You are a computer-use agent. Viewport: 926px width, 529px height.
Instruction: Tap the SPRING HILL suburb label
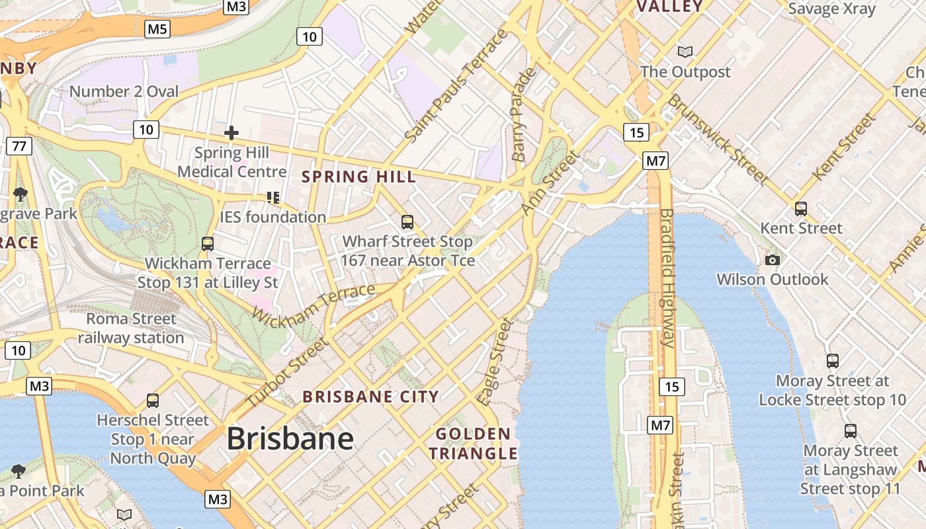(359, 177)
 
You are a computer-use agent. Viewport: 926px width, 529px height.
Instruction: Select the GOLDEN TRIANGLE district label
(473, 444)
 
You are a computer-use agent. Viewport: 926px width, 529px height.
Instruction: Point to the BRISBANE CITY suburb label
(370, 397)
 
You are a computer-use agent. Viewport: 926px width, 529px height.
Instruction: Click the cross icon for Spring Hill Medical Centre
(232, 133)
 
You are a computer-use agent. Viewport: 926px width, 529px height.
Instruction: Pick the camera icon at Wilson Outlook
(772, 260)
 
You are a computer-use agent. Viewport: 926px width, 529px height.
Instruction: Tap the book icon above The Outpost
(685, 52)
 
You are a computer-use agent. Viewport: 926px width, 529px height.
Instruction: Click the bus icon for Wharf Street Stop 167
(407, 222)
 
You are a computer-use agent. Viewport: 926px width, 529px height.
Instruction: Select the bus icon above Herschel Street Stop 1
(153, 400)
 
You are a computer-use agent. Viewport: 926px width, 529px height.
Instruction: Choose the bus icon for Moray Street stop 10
(833, 361)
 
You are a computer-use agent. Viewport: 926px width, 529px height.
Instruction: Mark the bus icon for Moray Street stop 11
(851, 431)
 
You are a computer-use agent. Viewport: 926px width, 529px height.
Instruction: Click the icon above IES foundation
(273, 197)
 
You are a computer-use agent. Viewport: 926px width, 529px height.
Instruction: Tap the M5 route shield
(157, 28)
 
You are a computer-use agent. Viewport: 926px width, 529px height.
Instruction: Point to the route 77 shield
(19, 145)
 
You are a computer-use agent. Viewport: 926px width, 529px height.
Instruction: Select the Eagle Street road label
(495, 361)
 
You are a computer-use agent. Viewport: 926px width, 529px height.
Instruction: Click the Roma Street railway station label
(131, 328)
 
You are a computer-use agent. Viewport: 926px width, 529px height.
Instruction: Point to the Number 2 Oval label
(124, 91)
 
